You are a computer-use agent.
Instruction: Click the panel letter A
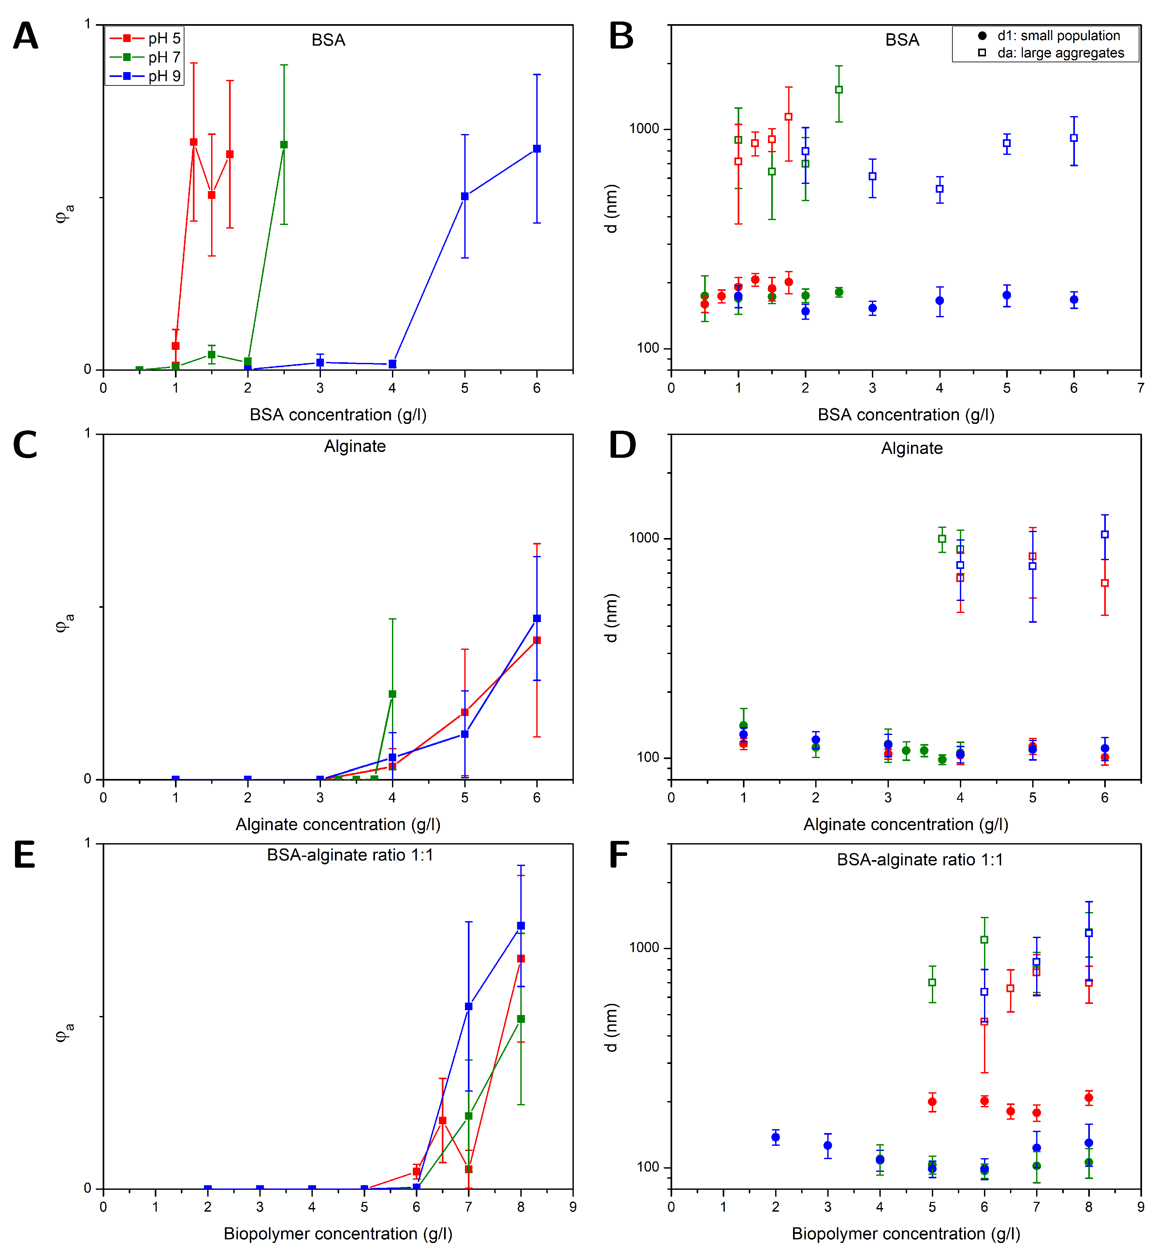[x=26, y=36]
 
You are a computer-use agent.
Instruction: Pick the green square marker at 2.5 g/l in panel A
[x=283, y=145]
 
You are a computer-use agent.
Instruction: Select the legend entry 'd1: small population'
[x=1058, y=36]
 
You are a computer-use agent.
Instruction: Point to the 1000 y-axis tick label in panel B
[x=644, y=129]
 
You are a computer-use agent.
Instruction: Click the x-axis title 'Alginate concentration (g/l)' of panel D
[x=905, y=825]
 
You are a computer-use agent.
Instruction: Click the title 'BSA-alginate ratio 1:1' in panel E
[x=350, y=855]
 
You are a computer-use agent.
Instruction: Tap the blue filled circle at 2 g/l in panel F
[x=776, y=1137]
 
